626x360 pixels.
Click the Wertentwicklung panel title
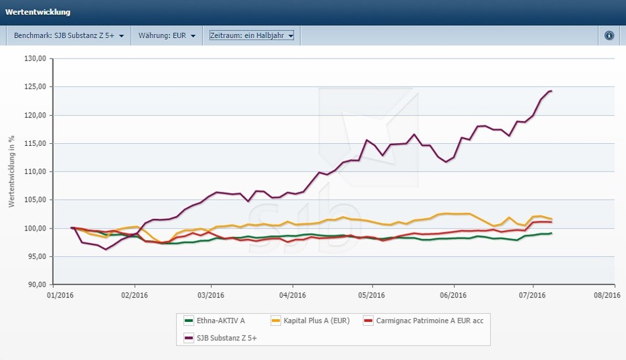point(37,12)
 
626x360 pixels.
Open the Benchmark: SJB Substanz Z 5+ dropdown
point(69,35)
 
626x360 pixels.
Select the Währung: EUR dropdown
point(167,35)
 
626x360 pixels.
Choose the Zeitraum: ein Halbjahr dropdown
point(252,35)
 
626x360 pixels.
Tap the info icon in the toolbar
point(609,35)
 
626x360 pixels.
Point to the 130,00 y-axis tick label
point(35,59)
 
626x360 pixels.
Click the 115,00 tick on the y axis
point(35,143)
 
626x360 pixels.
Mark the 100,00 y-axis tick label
point(35,228)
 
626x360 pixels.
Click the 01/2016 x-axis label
point(59,296)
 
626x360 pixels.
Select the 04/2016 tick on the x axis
point(292,296)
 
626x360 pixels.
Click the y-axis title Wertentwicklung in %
point(12,172)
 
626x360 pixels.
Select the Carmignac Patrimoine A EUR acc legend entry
point(424,321)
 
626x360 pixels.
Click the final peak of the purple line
point(550,91)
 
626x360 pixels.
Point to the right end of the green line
point(551,233)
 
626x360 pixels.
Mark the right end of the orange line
point(551,219)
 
